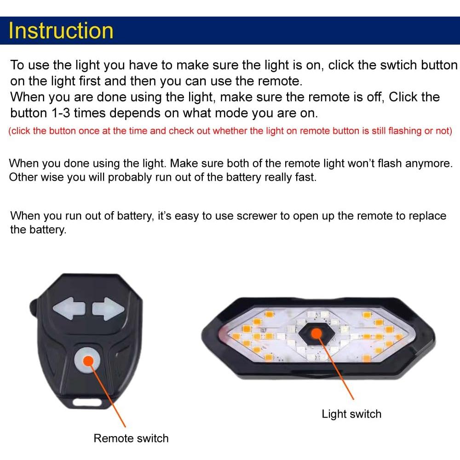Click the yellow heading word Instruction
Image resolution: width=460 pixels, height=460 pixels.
tap(61, 30)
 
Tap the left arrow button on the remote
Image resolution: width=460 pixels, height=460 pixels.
tap(69, 308)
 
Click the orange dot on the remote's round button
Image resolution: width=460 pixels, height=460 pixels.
tap(88, 361)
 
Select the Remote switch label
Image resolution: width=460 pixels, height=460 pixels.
tap(131, 438)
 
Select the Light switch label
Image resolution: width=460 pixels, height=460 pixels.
tap(351, 414)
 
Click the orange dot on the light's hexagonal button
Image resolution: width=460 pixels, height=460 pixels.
tap(316, 333)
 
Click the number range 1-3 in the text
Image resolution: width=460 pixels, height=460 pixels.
tap(61, 113)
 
